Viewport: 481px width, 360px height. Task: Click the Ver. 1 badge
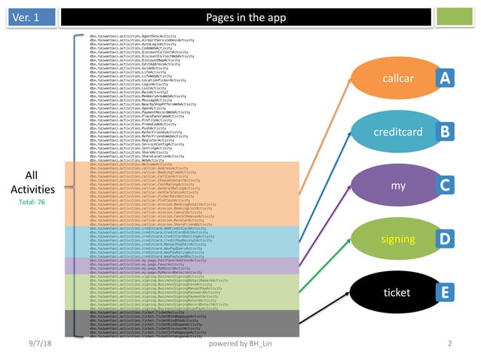click(x=27, y=17)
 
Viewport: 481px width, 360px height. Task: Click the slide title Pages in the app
click(x=240, y=17)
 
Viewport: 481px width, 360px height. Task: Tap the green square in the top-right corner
click(x=450, y=17)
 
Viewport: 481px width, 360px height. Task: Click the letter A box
click(x=446, y=78)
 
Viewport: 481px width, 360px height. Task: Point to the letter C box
click(x=446, y=185)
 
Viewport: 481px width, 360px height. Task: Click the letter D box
click(x=446, y=239)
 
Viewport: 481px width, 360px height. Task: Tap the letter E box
click(x=446, y=292)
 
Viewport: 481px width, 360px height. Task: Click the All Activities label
click(x=32, y=183)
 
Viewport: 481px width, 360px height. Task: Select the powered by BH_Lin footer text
click(x=241, y=344)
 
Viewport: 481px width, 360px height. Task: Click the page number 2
click(x=449, y=344)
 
